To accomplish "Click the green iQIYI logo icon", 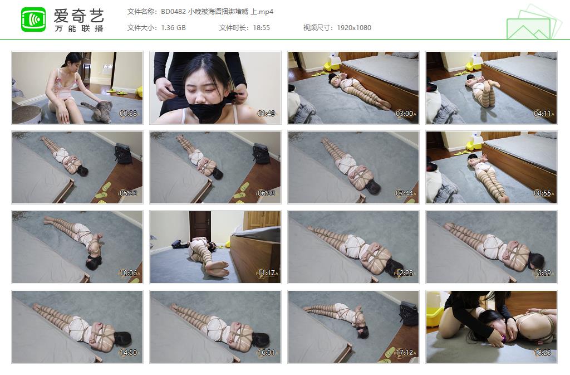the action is coord(33,20).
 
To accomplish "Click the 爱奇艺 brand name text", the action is coord(79,16).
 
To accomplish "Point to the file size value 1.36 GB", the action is coord(173,28).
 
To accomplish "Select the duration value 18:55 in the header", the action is coord(261,28).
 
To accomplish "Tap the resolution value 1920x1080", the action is coord(353,28).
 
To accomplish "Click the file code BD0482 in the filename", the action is coord(173,12).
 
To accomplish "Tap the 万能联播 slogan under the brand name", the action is coord(79,28).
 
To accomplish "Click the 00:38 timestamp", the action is coord(129,114).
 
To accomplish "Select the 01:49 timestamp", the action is coord(266,114).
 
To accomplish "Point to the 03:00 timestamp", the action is coord(404,114).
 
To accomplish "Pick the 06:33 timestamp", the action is coord(266,193).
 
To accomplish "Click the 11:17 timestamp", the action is coord(266,273).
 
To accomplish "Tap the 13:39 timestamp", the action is coord(542,273).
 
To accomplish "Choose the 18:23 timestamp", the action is coord(542,353).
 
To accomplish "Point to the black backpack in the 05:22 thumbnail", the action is coord(123,153).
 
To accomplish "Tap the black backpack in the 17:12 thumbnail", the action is coord(409,314).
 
